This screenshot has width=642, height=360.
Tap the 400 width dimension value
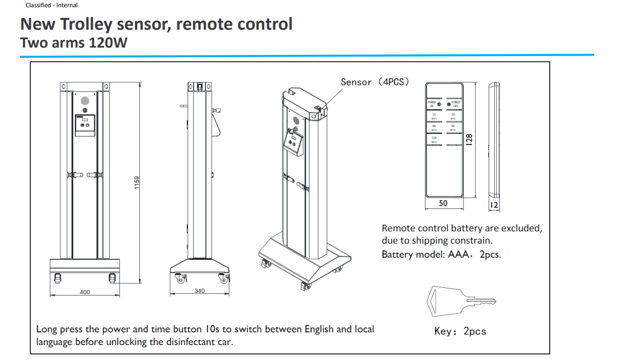pos(85,292)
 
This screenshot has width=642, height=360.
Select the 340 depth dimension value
pos(200,291)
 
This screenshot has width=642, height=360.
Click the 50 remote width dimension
pos(443,203)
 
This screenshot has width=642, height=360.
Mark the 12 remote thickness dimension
pos(494,205)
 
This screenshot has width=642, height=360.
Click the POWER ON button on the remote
pos(432,104)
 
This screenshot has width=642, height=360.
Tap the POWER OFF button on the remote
pos(456,104)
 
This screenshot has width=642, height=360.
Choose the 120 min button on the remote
pos(434,139)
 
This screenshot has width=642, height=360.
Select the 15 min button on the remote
pos(434,116)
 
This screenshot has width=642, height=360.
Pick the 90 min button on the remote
pos(453,128)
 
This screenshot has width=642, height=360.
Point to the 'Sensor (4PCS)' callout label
pos(375,82)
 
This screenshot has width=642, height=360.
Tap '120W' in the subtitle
pos(108,43)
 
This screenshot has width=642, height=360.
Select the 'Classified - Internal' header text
pos(51,5)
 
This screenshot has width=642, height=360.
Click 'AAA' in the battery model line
pos(458,254)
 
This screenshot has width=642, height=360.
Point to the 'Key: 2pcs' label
pos(460,331)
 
